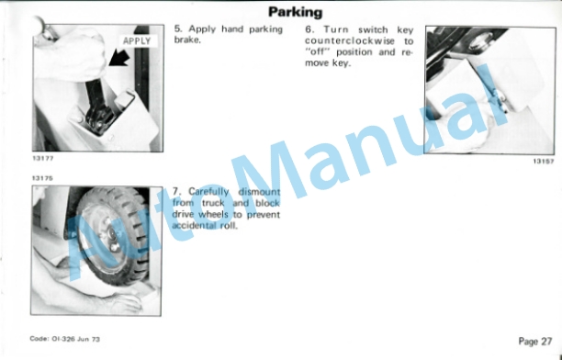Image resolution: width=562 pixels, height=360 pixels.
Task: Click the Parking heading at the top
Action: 296,12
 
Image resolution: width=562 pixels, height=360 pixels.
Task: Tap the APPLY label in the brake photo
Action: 137,41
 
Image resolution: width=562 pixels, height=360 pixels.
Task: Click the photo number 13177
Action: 42,158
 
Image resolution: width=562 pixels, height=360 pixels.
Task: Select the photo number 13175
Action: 42,178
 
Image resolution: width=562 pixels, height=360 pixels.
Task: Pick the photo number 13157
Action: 544,162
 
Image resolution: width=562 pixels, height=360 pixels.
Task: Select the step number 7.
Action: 176,191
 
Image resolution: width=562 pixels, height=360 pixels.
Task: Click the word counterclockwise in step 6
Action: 350,41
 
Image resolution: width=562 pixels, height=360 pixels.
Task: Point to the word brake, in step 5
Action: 187,39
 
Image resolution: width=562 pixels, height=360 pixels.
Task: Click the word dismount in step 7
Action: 259,192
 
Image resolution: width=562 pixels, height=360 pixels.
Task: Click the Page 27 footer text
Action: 535,342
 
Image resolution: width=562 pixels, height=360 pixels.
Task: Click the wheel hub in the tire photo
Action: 112,234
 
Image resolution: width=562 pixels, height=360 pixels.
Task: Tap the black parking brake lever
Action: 96,104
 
